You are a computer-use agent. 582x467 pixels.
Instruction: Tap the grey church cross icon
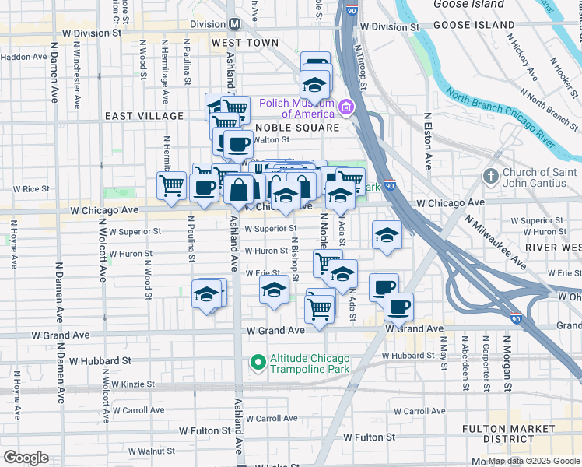click(491, 177)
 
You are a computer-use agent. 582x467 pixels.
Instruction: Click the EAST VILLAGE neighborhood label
click(145, 116)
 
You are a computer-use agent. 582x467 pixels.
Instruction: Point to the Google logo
click(26, 458)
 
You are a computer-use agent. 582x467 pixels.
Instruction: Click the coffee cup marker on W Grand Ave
click(398, 307)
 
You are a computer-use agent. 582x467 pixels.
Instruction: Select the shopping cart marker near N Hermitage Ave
click(171, 185)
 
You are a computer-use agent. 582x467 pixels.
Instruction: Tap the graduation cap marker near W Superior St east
click(387, 235)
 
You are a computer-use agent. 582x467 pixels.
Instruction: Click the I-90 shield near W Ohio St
click(516, 318)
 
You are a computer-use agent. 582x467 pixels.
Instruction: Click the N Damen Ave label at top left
click(55, 80)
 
